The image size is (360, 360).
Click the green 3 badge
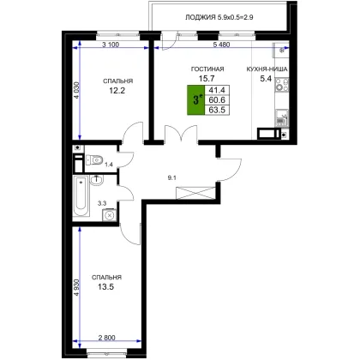(196, 100)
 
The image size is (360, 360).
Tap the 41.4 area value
(217, 90)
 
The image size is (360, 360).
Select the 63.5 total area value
(217, 110)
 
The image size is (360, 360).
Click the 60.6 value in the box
(217, 100)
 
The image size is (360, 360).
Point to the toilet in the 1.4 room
(94, 159)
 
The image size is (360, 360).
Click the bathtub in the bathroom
(81, 197)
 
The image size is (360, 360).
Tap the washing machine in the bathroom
(109, 215)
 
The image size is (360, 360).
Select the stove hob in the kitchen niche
(282, 85)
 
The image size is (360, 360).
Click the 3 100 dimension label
(111, 45)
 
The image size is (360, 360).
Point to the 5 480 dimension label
(221, 45)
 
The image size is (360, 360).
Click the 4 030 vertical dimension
(76, 90)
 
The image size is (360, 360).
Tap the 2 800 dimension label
(107, 338)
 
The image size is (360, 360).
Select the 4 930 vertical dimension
(76, 288)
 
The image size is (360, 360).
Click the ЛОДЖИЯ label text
(201, 17)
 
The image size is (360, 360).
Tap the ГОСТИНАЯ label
(207, 69)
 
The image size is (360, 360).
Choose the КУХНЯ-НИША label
(267, 69)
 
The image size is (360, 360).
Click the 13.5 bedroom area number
(106, 286)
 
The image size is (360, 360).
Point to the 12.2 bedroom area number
(117, 91)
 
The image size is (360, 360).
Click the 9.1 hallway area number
(171, 177)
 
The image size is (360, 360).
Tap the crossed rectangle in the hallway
(195, 193)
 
